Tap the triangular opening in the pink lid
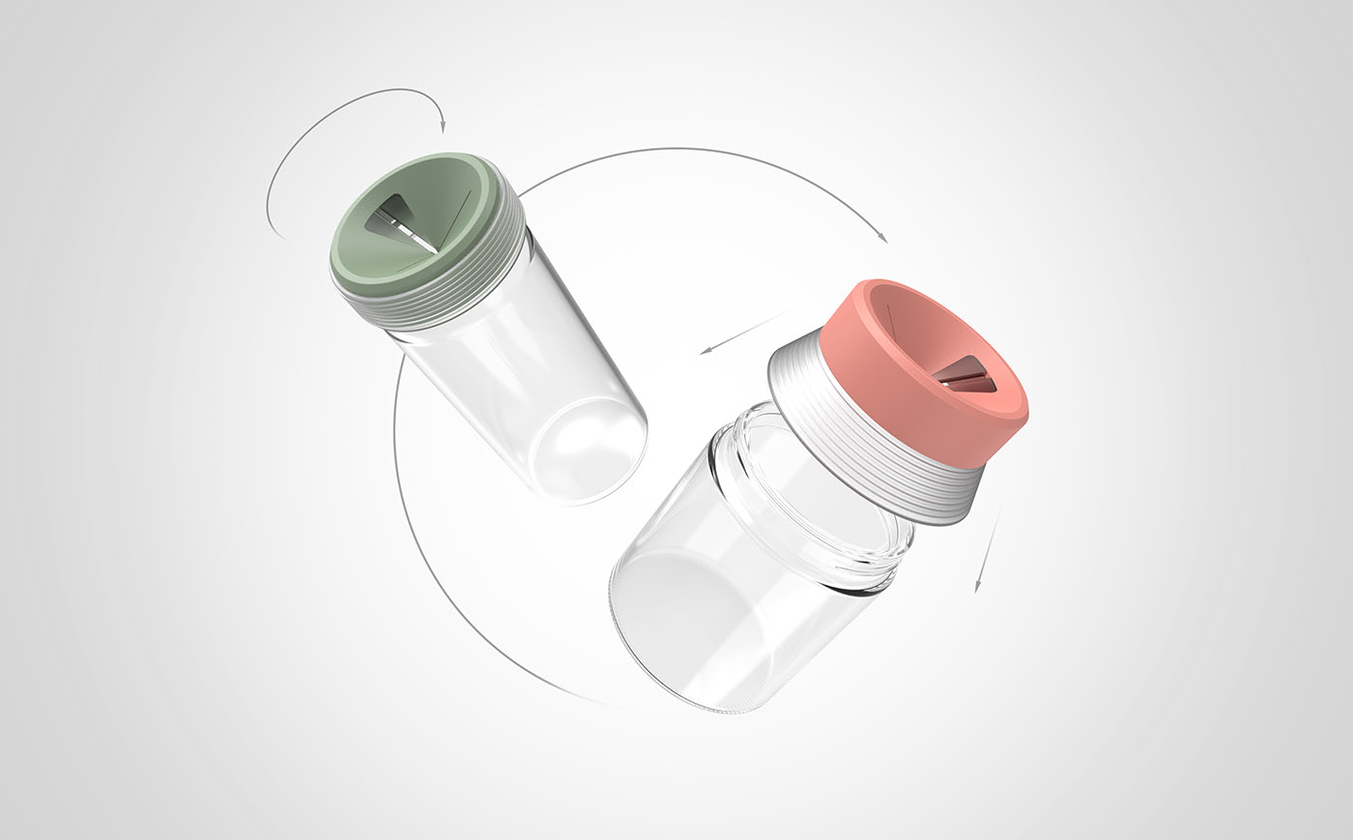coord(966,378)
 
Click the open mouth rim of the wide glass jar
coord(821,503)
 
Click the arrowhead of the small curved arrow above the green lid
coord(442,127)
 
